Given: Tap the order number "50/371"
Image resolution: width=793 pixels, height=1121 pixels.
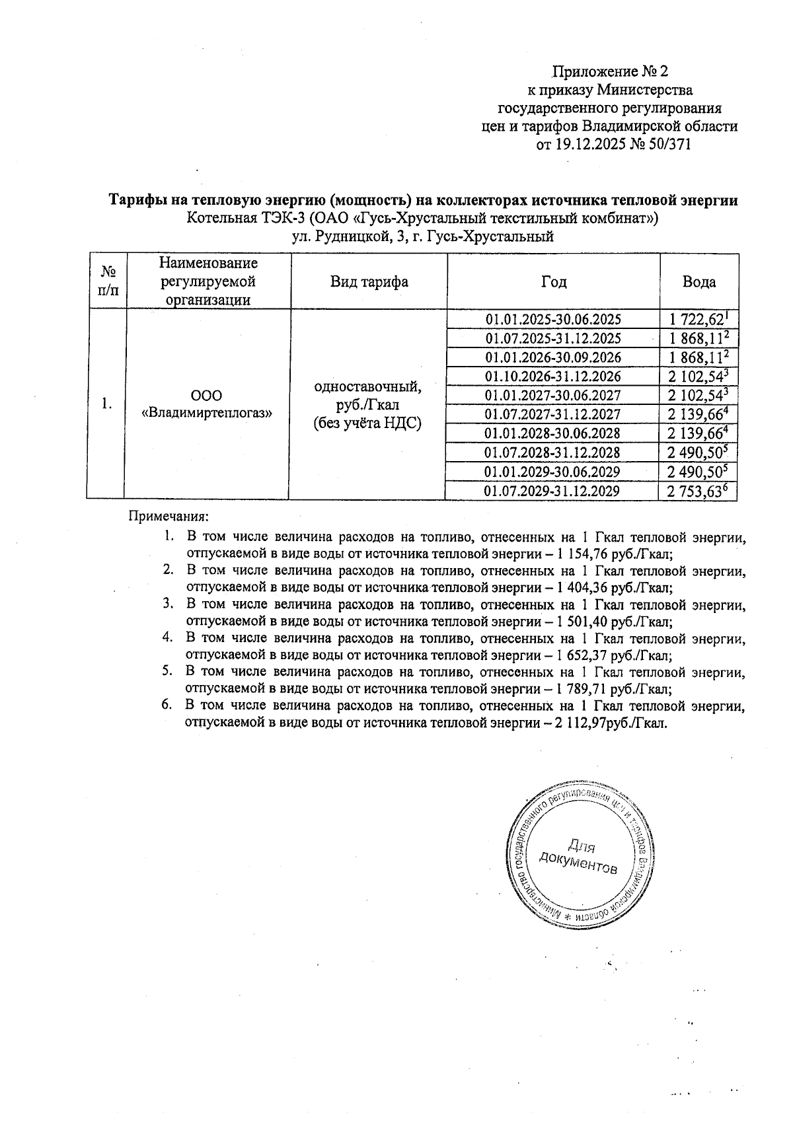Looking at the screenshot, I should [670, 144].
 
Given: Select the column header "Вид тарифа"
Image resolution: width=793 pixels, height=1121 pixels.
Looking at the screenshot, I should [369, 282].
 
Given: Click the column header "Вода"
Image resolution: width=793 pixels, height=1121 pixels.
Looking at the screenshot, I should [699, 282].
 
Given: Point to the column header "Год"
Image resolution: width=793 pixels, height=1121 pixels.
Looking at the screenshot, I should [553, 282].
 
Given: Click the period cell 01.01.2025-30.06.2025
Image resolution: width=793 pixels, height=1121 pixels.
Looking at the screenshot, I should [553, 320].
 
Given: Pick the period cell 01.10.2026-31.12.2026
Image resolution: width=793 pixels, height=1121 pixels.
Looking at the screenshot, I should [553, 377].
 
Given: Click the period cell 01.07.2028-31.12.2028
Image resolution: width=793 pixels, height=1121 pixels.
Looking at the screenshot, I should [553, 452].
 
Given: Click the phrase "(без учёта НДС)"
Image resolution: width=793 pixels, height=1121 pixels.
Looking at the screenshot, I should [367, 423].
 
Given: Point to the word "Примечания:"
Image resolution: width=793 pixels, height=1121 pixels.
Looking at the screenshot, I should [168, 515].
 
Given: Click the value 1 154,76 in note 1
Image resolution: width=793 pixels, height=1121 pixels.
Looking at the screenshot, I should [587, 554].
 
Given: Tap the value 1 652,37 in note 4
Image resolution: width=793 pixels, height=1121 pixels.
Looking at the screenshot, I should [587, 656].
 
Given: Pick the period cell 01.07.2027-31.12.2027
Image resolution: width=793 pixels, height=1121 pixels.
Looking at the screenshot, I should [553, 414].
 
